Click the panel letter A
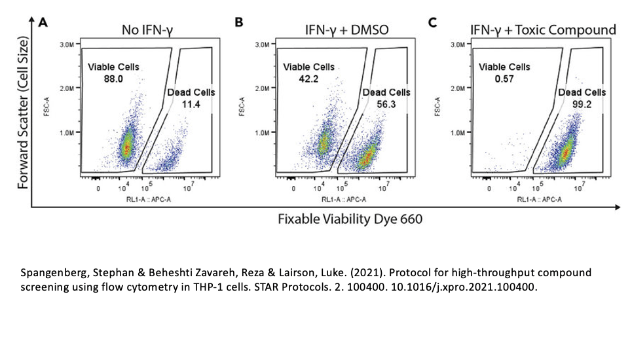pos(43,24)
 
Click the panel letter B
pos(239,22)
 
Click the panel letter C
pos(432,22)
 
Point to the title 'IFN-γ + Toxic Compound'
pos(543,29)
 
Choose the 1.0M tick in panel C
pos(457,132)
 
